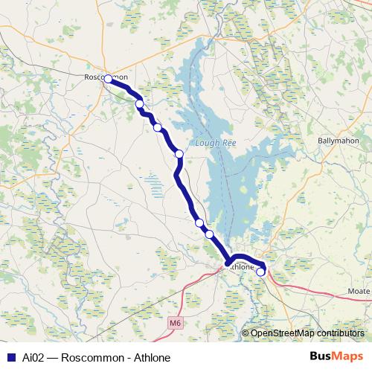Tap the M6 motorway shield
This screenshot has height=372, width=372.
coord(175,323)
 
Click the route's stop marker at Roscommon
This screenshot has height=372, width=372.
coord(108,78)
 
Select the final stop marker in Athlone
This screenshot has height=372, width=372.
coord(260,272)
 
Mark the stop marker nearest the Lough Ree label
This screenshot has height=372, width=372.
coord(179,154)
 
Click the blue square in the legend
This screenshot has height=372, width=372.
coord(10,356)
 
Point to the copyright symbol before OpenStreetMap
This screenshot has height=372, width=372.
coord(246,333)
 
